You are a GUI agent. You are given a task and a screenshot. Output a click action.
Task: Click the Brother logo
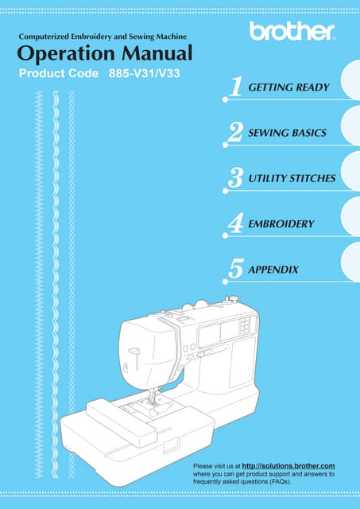[292, 32]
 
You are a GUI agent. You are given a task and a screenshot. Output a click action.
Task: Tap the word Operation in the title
[65, 54]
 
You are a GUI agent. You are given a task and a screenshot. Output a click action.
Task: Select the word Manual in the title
[157, 53]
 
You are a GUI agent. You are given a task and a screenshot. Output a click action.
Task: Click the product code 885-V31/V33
[145, 73]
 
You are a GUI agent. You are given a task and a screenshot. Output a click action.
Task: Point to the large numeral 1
[236, 87]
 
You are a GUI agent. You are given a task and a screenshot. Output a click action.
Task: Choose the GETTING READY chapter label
[288, 87]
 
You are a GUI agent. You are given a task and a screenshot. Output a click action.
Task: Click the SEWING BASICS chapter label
[287, 133]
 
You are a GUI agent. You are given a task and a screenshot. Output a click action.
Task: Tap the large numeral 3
[235, 178]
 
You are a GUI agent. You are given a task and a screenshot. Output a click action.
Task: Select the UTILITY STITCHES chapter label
[292, 178]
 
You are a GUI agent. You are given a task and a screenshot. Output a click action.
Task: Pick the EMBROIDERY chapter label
[281, 223]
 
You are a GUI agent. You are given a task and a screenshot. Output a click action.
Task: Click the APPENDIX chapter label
[273, 270]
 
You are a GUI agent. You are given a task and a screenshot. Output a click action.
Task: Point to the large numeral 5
[236, 269]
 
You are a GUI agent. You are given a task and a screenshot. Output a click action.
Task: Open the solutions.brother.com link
[288, 466]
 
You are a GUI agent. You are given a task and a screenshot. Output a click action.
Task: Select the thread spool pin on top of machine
[232, 299]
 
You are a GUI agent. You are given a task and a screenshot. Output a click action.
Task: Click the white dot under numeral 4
[226, 235]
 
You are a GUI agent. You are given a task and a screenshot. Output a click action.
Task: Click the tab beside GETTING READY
[351, 80]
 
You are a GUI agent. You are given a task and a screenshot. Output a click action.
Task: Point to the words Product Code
[59, 73]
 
